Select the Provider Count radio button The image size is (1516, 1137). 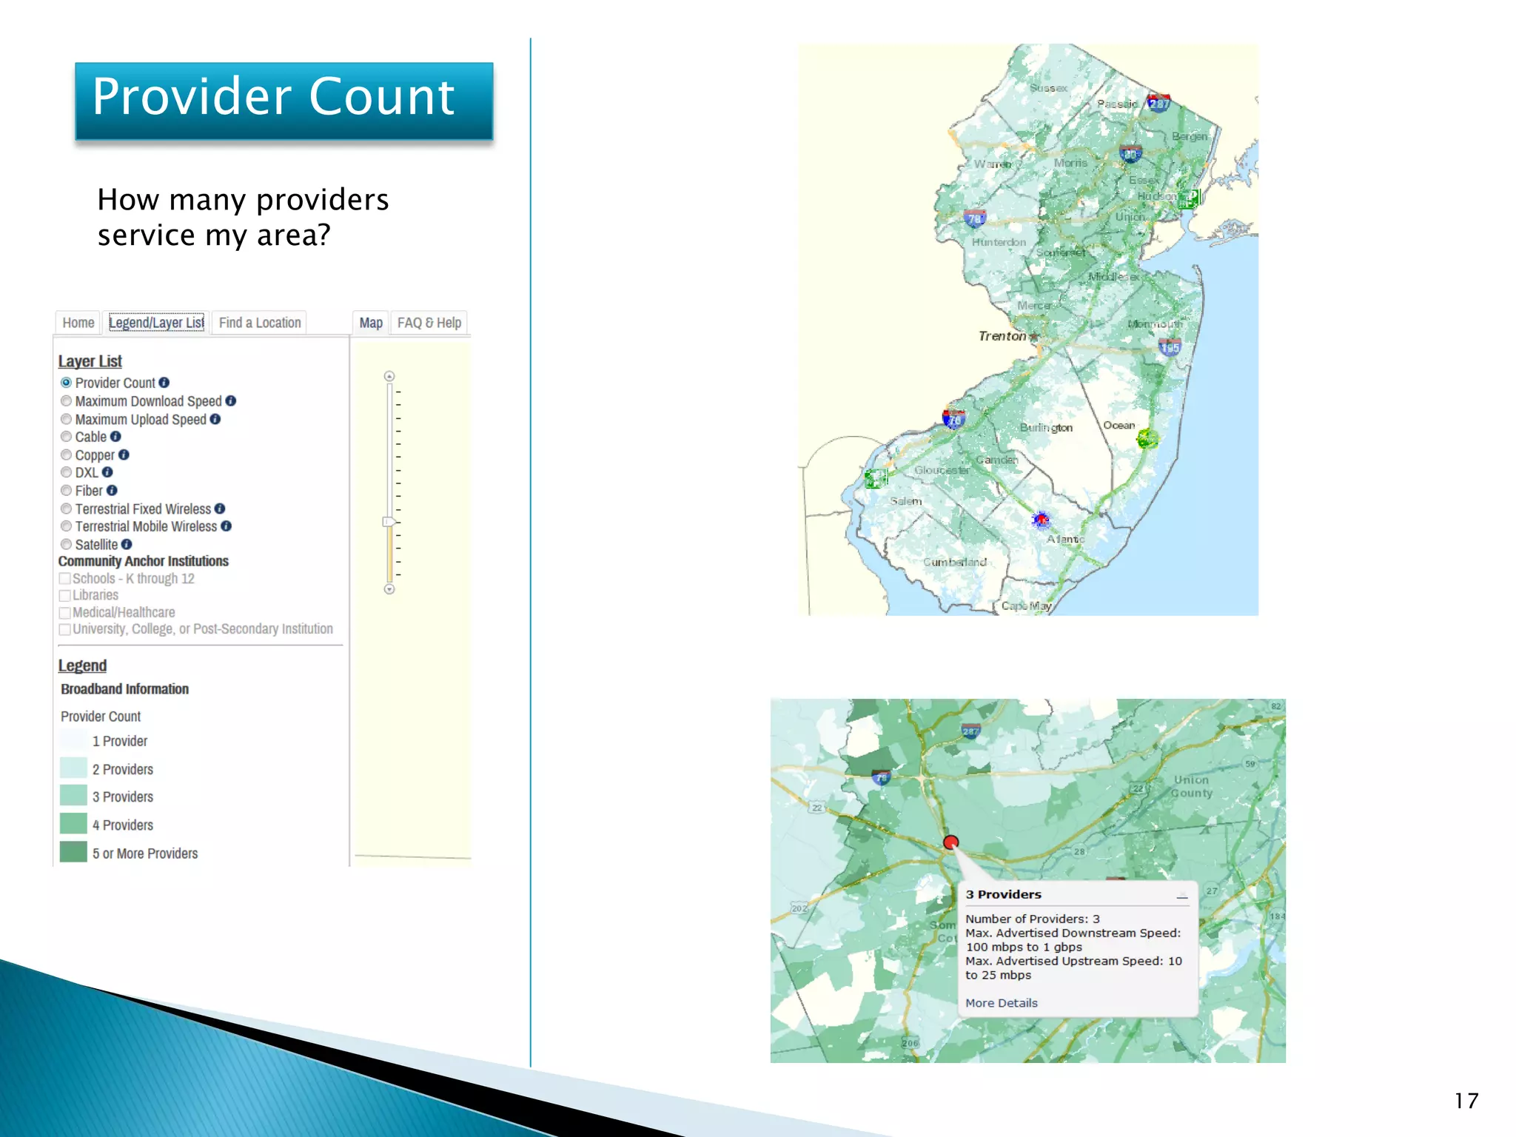click(x=67, y=383)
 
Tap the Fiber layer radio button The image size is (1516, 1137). click(x=67, y=491)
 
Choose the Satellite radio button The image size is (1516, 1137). click(x=67, y=545)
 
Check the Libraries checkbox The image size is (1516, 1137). click(x=65, y=596)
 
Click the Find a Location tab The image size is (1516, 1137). click(x=260, y=323)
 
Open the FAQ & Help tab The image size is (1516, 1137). click(x=429, y=323)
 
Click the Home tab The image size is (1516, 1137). click(x=78, y=323)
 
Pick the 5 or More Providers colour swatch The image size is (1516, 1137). click(x=73, y=852)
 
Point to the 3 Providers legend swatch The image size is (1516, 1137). click(x=73, y=796)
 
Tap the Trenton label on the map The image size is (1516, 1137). click(x=1002, y=336)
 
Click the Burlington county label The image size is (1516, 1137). click(x=1046, y=428)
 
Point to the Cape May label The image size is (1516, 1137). click(x=1026, y=606)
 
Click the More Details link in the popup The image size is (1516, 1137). click(x=1002, y=1003)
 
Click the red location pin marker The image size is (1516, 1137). click(x=951, y=842)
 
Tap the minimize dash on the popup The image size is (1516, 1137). click(x=1182, y=896)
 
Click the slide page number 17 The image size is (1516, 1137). click(x=1466, y=1101)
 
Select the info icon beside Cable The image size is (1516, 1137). click(x=115, y=437)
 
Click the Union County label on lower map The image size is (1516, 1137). click(x=1192, y=786)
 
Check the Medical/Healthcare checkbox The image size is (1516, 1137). click(x=65, y=613)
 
